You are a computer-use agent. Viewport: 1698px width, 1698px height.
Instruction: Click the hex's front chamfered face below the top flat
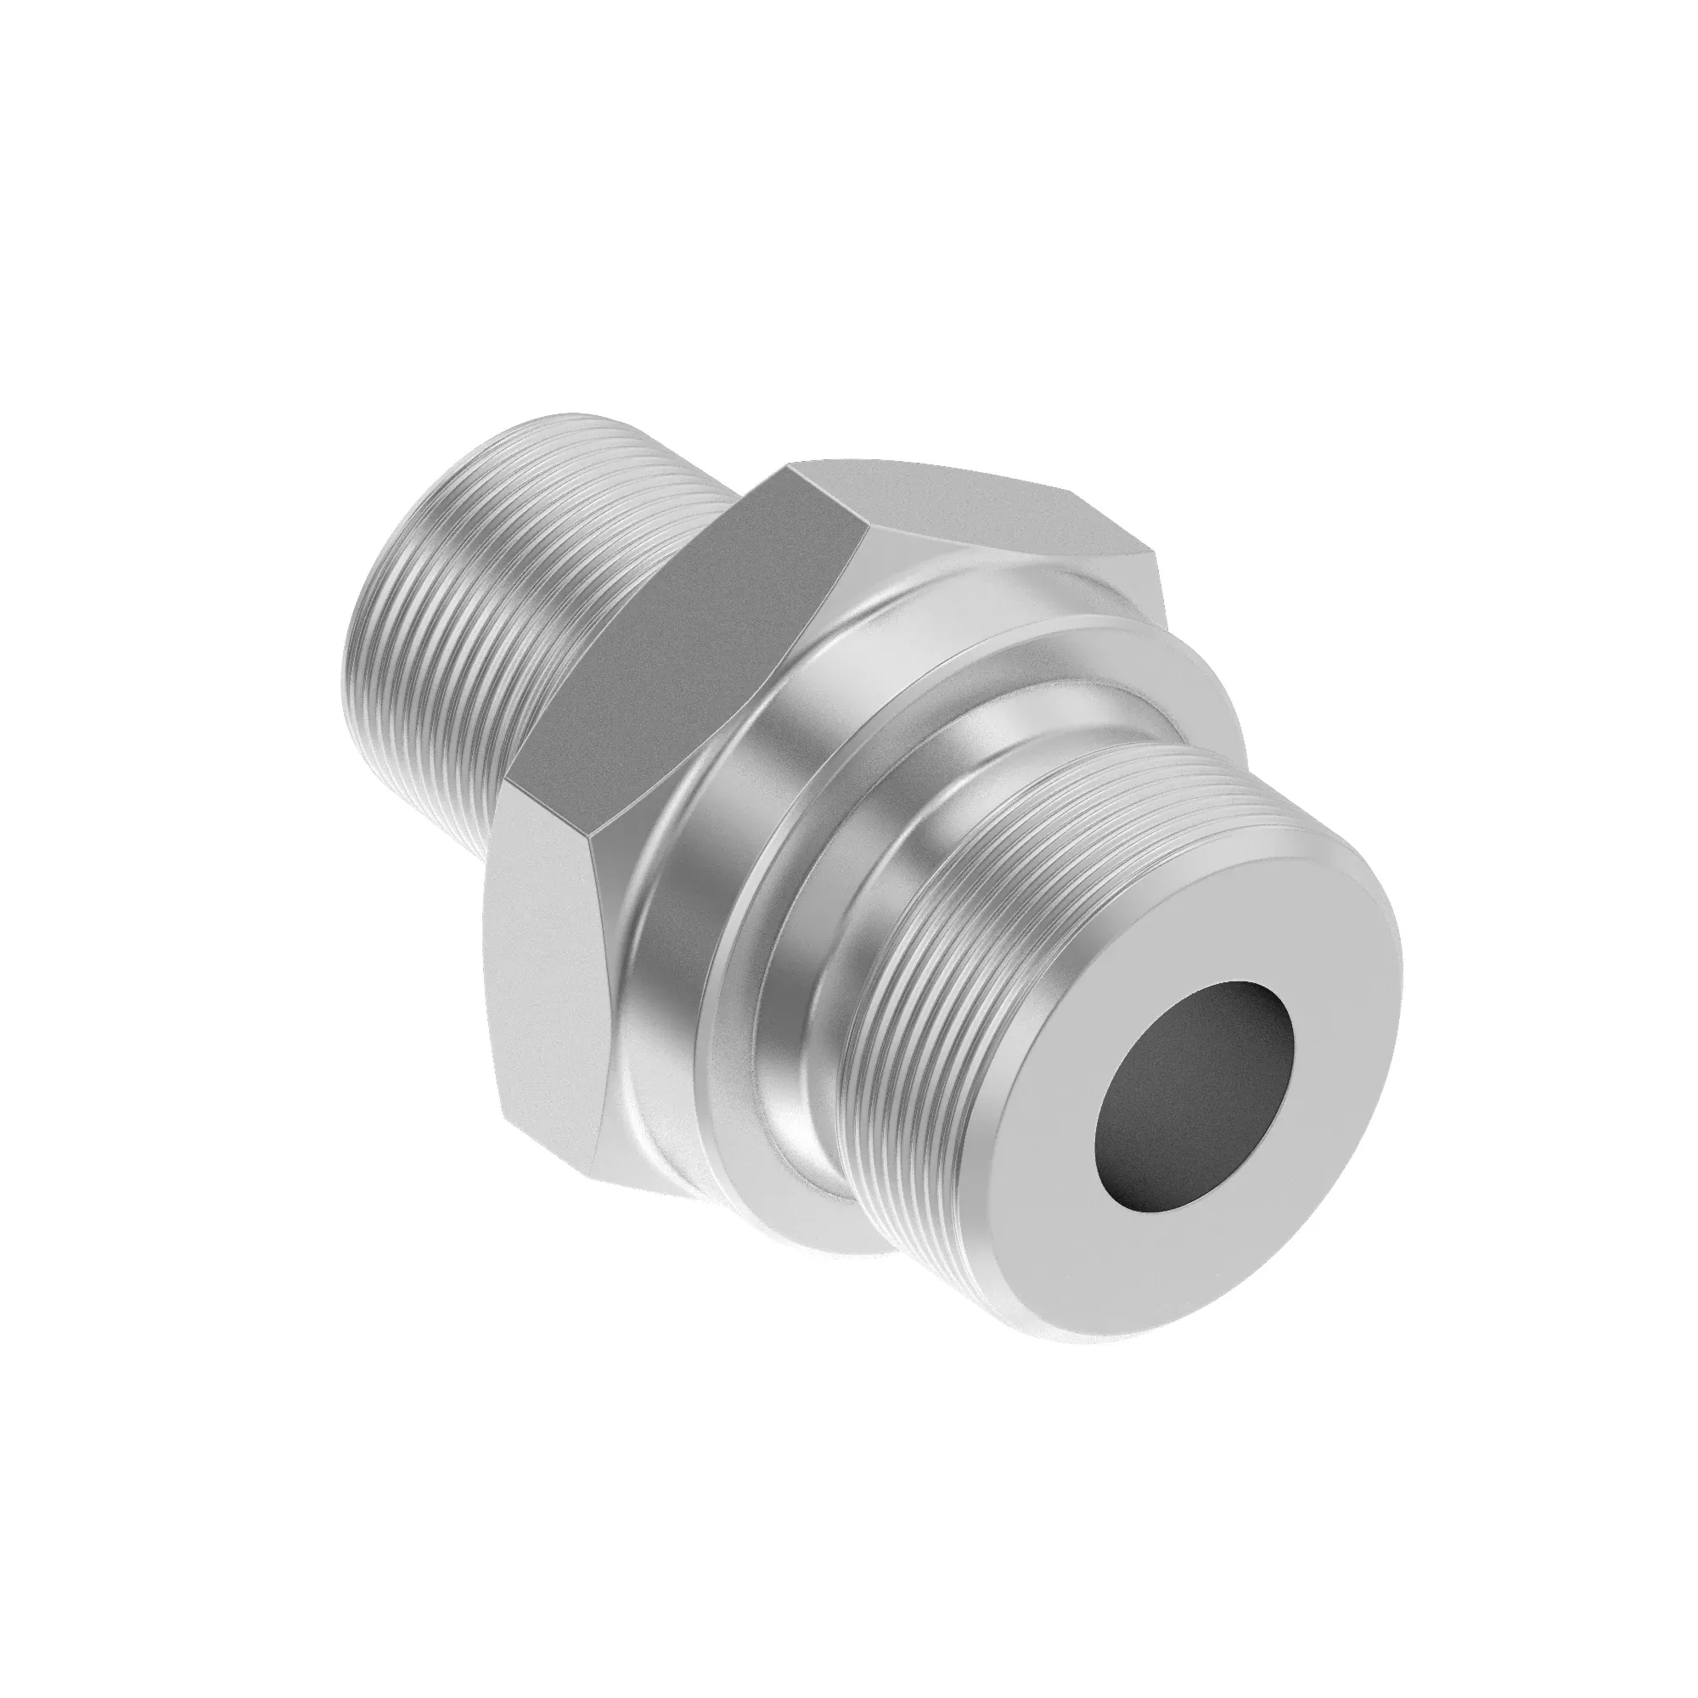pyautogui.click(x=1010, y=571)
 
